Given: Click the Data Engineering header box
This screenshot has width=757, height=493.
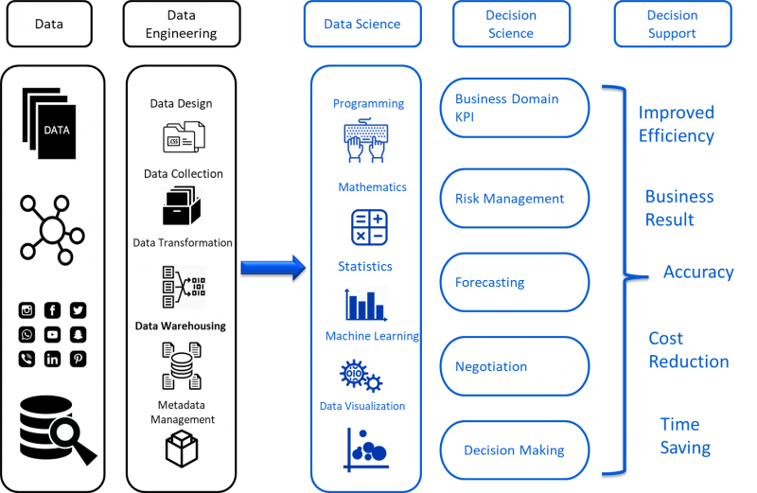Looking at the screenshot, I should (181, 24).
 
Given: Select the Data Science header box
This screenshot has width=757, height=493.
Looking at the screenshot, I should (362, 24).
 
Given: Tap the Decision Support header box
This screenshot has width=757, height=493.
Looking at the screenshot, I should (672, 24).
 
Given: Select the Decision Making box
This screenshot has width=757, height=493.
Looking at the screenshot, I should (515, 450).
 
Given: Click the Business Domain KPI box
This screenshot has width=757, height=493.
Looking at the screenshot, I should (515, 107).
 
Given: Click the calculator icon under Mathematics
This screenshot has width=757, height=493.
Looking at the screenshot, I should (369, 228).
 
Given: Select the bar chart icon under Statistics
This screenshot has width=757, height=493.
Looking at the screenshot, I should (366, 305).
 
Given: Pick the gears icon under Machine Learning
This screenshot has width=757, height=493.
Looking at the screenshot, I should (361, 376).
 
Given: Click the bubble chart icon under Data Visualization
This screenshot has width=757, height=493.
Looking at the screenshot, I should (366, 449).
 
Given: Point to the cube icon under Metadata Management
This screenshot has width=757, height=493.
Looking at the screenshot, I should (181, 449).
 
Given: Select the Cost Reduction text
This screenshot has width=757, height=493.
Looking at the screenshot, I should (688, 350).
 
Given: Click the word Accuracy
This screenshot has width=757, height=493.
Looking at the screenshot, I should (698, 273).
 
